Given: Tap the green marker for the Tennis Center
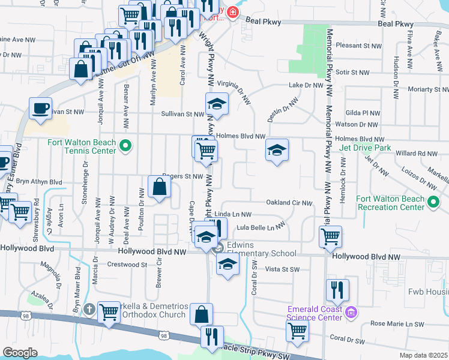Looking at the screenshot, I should [125, 145].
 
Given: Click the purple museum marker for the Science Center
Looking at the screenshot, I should [351, 311].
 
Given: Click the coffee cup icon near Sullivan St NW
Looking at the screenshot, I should [41, 109].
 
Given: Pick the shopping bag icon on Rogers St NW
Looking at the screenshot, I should [160, 186].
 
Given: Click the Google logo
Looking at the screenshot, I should [20, 353].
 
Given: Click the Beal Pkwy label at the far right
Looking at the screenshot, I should [396, 24].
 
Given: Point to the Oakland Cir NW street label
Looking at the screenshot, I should [289, 203].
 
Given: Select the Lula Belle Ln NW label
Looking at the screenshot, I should [260, 227].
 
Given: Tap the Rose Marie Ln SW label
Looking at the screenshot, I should [397, 324].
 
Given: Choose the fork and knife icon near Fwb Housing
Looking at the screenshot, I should [337, 290].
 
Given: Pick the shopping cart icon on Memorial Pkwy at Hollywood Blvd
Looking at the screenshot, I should [330, 236].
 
